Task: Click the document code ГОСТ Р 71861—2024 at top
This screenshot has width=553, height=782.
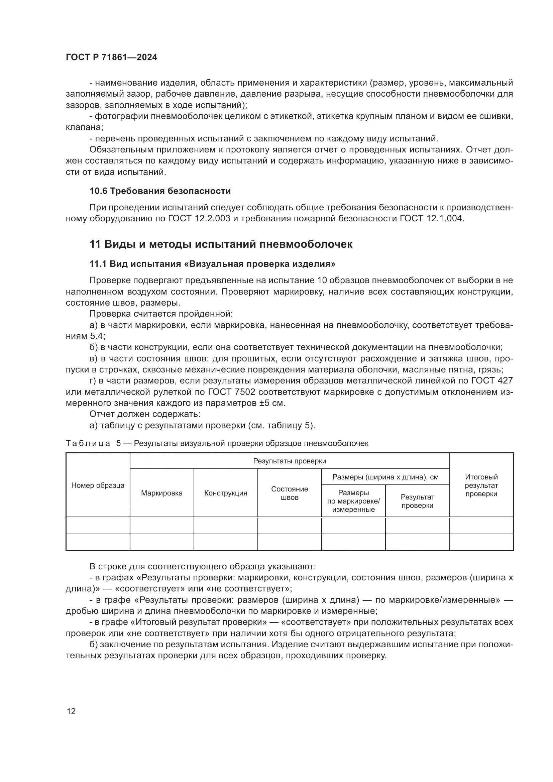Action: [x=111, y=58]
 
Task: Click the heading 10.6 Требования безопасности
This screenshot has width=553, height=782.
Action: [x=160, y=191]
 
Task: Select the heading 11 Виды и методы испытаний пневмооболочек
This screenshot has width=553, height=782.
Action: [x=221, y=244]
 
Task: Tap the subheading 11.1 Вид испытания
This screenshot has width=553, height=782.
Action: [x=212, y=264]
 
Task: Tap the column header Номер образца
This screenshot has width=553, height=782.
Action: [x=98, y=486]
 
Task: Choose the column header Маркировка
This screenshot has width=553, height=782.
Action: [x=162, y=493]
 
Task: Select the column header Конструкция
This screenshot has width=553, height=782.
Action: [x=225, y=493]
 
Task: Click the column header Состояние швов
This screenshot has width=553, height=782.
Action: [x=290, y=493]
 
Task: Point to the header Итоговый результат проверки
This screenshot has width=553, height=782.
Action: [x=481, y=486]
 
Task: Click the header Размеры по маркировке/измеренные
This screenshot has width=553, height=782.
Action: [x=353, y=501]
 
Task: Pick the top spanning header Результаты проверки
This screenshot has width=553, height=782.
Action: [x=290, y=461]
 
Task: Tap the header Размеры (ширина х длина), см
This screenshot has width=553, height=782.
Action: [x=385, y=477]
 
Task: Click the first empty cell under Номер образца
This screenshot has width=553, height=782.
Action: [x=98, y=526]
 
